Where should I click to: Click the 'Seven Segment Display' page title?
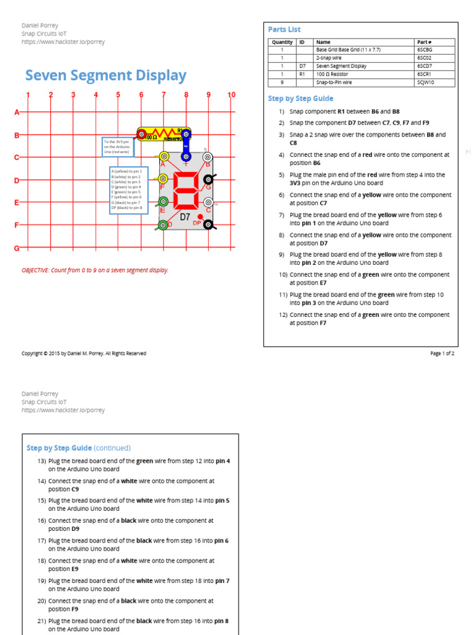[x=105, y=76]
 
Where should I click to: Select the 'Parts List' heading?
[x=284, y=29]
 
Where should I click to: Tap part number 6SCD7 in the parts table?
[x=426, y=66]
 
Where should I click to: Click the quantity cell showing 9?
[x=281, y=82]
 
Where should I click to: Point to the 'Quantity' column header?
[x=282, y=42]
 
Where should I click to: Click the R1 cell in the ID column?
[x=302, y=74]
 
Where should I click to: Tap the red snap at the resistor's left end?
[x=142, y=134]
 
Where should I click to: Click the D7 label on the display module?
[x=185, y=218]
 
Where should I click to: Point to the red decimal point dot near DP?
[x=200, y=217]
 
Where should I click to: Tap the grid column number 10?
[x=231, y=95]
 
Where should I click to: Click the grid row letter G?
[x=17, y=248]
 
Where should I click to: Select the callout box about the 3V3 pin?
[x=118, y=147]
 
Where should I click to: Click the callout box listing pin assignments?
[x=129, y=190]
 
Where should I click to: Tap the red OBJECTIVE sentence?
[x=95, y=270]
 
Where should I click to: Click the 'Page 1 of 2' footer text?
[x=442, y=353]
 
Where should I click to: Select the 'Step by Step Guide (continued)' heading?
[x=79, y=448]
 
